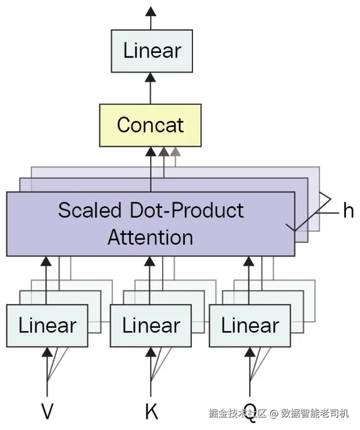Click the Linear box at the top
pos(152,51)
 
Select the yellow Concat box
pos(150,126)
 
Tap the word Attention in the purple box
pos(151,237)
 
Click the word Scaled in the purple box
pos(90,210)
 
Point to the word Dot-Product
pos(187,210)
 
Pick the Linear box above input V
pos(47,325)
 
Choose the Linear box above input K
pos(151,325)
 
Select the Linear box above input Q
pos(250,325)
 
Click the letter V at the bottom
pos(47,411)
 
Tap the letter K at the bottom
pos(151,411)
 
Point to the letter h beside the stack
pos(348,210)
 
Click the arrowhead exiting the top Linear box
pos(151,11)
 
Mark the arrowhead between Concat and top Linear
pos(151,77)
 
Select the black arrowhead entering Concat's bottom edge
pos(151,152)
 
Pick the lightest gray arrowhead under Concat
pos(175,152)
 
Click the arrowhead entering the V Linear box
pos(47,352)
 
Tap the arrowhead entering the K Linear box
pos(151,352)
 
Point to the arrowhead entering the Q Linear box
pos(249,352)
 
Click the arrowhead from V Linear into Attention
pos(46,261)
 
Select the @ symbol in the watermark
pos(273,413)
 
